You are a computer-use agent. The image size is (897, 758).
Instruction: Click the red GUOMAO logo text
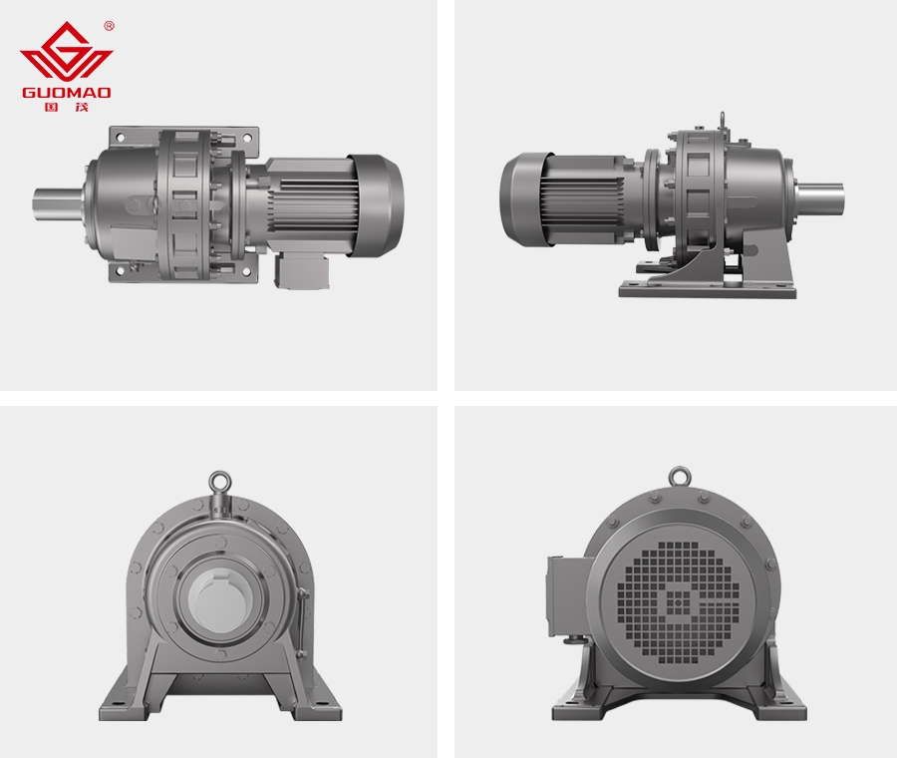[x=67, y=92]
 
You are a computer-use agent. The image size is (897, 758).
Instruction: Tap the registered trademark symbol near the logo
[x=110, y=26]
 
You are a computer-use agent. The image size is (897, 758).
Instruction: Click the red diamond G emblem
[x=67, y=51]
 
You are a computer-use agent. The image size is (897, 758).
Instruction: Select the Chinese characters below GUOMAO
[x=67, y=107]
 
